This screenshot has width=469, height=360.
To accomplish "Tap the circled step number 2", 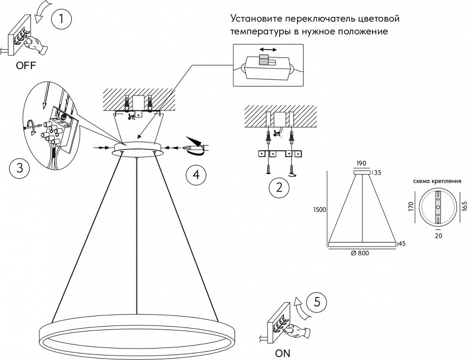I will [x=279, y=188].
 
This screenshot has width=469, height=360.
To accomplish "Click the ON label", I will [x=283, y=353].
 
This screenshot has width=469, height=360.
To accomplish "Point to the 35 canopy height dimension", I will [x=377, y=173].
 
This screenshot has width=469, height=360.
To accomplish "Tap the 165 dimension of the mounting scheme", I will [x=465, y=206].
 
